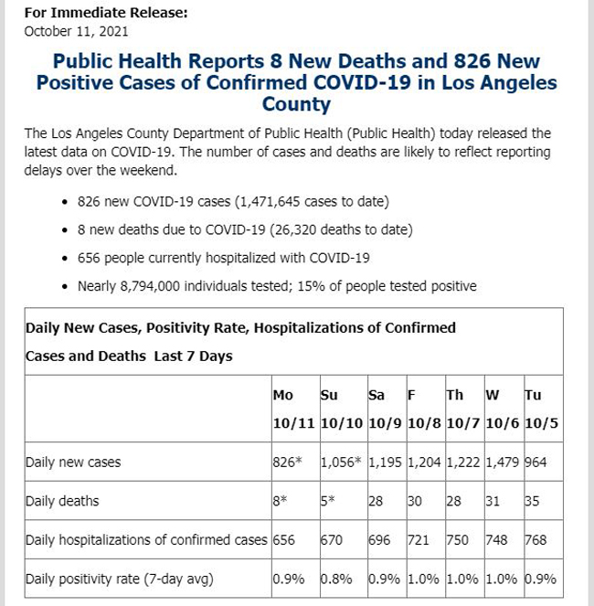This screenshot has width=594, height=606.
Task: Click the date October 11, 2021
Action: (76, 31)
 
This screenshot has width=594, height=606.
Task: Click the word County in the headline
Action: (296, 104)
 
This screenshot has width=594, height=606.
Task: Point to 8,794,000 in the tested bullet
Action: (150, 286)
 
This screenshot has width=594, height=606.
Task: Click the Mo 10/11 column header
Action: (293, 409)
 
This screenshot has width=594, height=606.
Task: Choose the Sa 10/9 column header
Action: (385, 409)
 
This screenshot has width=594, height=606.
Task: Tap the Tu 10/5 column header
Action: (541, 409)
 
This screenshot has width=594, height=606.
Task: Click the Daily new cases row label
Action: (73, 462)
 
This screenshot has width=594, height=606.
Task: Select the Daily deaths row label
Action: (62, 501)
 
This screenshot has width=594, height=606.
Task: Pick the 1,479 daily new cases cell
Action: (502, 462)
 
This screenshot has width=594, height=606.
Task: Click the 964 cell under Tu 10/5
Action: (536, 462)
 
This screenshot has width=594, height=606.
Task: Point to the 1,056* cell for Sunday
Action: (341, 462)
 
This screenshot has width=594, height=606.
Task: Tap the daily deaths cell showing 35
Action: (532, 501)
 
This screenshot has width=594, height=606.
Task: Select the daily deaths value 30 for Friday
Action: (415, 501)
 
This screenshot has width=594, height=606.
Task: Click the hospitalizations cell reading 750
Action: (458, 540)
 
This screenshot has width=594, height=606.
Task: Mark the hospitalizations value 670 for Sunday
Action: (332, 540)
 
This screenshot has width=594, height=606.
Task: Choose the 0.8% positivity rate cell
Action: (336, 579)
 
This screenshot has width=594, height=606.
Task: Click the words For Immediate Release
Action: (106, 13)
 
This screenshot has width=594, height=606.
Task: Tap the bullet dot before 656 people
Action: (65, 258)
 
